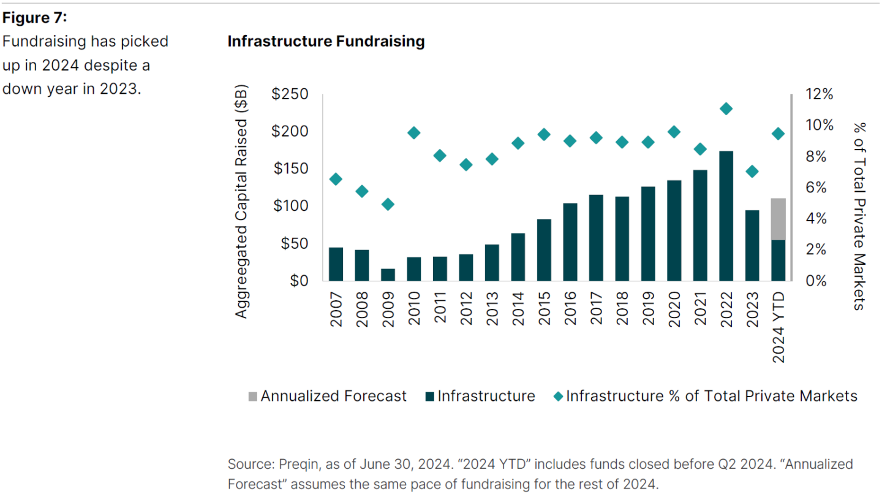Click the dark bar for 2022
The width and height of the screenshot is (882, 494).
point(726,216)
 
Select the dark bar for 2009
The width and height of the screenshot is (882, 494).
point(388,275)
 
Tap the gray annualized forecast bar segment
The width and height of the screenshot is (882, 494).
point(778,219)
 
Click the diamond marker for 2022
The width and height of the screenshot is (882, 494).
point(726,108)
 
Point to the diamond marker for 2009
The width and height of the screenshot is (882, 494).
point(388,205)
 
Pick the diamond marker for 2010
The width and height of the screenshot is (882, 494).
point(414,133)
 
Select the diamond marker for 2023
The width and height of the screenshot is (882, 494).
point(752,172)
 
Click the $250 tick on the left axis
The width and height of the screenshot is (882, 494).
point(290,94)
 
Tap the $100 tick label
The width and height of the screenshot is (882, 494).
point(290,206)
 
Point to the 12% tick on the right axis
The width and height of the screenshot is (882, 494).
point(820,94)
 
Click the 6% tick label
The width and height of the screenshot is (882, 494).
point(816,187)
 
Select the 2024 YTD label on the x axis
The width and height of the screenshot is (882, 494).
point(778,327)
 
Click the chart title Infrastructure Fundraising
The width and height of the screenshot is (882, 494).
point(326,41)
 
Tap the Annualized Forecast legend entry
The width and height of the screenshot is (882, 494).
point(327,396)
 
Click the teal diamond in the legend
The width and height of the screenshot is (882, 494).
point(559,397)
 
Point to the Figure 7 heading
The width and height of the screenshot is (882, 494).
point(35,17)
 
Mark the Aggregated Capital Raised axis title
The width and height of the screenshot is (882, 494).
point(241,201)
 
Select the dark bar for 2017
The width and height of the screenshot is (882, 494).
point(596,238)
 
